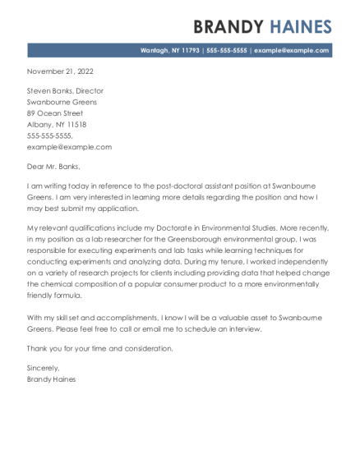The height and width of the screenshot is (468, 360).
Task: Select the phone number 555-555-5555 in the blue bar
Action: point(227,50)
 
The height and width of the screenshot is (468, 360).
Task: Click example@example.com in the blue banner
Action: point(292,50)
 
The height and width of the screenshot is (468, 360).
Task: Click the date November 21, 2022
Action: point(61,71)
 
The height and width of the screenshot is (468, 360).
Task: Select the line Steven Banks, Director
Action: point(65,91)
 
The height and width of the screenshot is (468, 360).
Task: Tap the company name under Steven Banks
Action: point(62,102)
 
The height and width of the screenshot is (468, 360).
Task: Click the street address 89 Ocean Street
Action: point(55,113)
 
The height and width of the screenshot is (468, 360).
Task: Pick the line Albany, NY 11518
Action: point(57,124)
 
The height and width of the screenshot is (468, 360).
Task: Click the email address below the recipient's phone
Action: point(69,146)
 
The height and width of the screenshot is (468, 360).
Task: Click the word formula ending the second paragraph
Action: point(67,293)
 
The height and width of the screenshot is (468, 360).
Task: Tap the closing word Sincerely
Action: point(44,369)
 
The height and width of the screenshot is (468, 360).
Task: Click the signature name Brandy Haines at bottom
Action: point(51,379)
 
